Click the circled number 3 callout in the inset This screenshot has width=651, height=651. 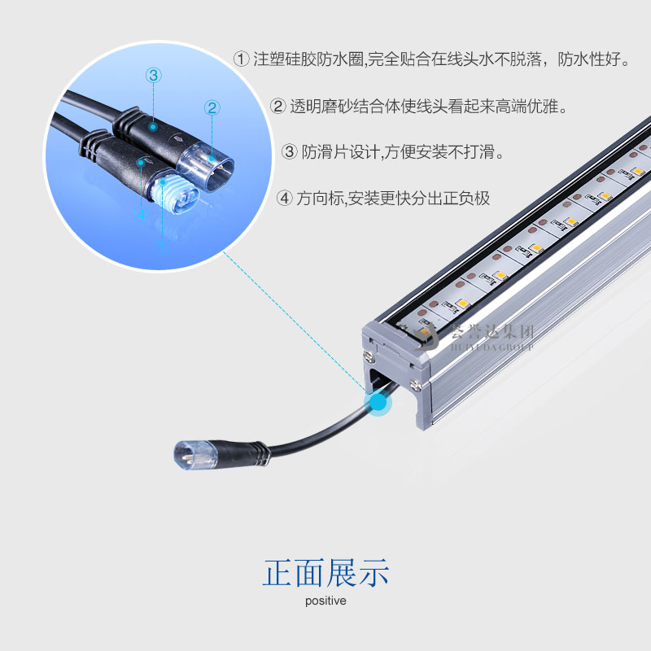pyautogui.click(x=154, y=75)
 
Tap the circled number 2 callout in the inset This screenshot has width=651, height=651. pyautogui.click(x=212, y=107)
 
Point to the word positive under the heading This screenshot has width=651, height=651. pyautogui.click(x=325, y=601)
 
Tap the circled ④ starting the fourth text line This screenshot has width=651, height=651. pyautogui.click(x=284, y=198)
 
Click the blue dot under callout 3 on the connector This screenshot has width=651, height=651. pyautogui.click(x=153, y=127)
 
